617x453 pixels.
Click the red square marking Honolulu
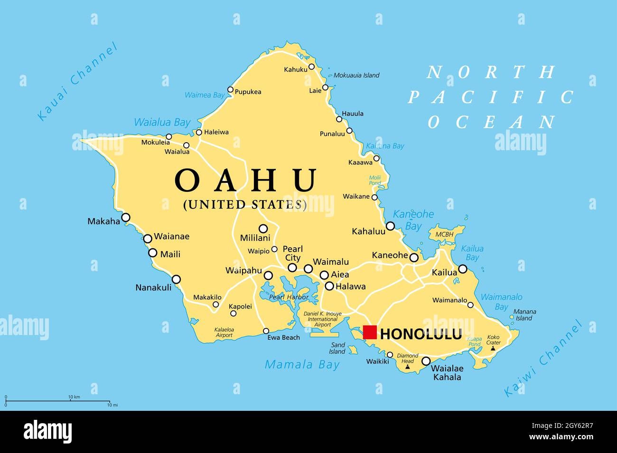(x=369, y=332)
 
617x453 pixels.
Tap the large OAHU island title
(x=246, y=180)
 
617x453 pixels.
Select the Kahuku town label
(x=296, y=70)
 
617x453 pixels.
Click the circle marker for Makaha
(x=126, y=217)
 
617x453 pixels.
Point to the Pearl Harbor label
(x=289, y=297)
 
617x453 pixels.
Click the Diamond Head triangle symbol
(x=407, y=367)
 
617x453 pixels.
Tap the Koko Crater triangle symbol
(x=493, y=348)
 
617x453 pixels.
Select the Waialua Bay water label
(x=162, y=122)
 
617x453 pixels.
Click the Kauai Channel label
(x=77, y=82)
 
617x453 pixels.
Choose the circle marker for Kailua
(x=462, y=269)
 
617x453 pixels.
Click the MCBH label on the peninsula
(x=444, y=235)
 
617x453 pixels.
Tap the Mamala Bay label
(x=302, y=364)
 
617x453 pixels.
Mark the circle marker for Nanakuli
(x=176, y=280)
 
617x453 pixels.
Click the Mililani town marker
(x=263, y=228)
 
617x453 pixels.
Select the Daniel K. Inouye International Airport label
(x=323, y=319)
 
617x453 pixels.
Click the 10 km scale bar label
(x=74, y=397)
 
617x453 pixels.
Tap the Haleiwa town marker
(x=199, y=133)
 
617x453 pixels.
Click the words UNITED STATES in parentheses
(x=245, y=204)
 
